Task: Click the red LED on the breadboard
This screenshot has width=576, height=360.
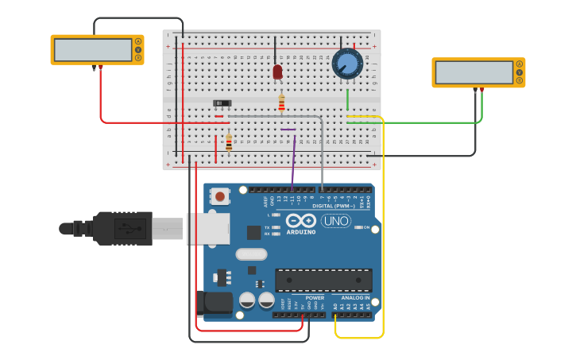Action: [x=277, y=72]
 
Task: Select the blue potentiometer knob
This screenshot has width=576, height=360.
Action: [x=347, y=64]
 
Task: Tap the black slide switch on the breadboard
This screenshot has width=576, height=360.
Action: [x=222, y=103]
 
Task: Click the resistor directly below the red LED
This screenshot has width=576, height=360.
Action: [x=281, y=103]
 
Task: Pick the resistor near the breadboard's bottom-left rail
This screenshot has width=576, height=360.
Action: [x=229, y=143]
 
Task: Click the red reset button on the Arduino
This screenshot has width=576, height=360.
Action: [x=219, y=195]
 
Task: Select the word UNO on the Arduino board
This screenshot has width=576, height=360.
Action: [x=336, y=220]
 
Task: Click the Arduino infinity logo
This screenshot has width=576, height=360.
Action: [x=301, y=220]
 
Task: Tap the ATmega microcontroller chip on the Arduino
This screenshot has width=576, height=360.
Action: [x=323, y=280]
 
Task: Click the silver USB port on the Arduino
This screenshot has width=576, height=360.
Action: [x=208, y=229]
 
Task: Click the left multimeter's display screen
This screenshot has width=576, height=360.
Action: [x=93, y=49]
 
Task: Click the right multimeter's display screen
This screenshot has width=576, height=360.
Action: [x=474, y=72]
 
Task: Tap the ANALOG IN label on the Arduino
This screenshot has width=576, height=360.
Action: [x=355, y=298]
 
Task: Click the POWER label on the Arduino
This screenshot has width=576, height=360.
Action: [x=315, y=298]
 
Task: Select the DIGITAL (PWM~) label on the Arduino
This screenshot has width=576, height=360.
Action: [x=334, y=206]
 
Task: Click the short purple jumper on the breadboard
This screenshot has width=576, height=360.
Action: [x=288, y=129]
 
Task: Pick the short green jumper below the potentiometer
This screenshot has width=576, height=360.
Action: [x=347, y=99]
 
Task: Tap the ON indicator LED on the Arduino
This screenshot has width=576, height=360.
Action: [x=366, y=226]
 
